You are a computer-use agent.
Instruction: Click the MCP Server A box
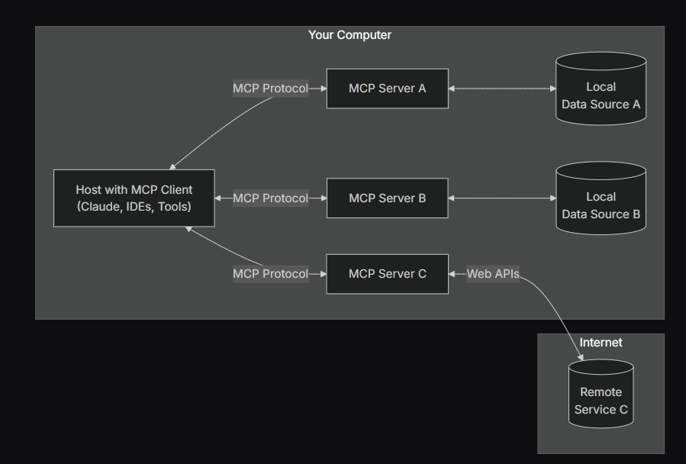coord(387,89)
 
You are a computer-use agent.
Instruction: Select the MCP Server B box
coord(387,198)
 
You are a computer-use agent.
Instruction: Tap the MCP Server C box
coord(387,274)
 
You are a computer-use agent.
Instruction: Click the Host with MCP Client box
coord(134,198)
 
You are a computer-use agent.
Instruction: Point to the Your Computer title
coord(349,35)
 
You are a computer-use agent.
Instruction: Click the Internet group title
coord(601,343)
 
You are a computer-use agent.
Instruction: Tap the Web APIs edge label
coord(493,274)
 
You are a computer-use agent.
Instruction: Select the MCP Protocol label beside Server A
coord(270,89)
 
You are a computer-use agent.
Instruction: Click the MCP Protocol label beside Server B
coord(270,198)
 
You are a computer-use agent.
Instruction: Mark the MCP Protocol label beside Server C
coord(270,274)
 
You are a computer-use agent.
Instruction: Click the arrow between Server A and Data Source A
coord(503,89)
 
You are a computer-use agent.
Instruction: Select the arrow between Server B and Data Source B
coord(503,198)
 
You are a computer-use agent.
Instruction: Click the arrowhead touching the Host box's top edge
coord(173,166)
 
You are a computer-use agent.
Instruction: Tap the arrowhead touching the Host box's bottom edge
coord(188,230)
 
